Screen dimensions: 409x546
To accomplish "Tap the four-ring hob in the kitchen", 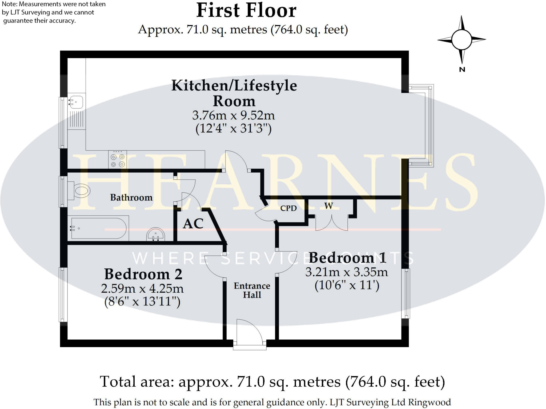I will coord(118,160).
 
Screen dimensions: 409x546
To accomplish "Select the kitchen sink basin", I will coord(76,102).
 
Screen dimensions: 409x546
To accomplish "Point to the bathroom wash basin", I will coord(156,235).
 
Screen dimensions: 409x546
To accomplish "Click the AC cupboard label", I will coord(193,224).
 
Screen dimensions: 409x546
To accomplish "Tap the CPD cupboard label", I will coord(288,208).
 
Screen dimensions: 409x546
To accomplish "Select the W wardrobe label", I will coord(328,206).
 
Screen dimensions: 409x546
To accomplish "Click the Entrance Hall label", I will coord(252,290).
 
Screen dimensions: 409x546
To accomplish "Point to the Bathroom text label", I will coord(131,197).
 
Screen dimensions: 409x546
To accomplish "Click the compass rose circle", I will coord(461,39).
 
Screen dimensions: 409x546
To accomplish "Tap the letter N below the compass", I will coord(462,69).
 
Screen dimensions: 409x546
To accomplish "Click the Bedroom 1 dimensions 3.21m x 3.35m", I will coord(346,272).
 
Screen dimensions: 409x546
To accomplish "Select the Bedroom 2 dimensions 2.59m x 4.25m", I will coord(142,288).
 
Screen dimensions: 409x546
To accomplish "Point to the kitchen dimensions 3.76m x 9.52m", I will coord(233,115).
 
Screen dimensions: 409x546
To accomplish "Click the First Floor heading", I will coord(246,11).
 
